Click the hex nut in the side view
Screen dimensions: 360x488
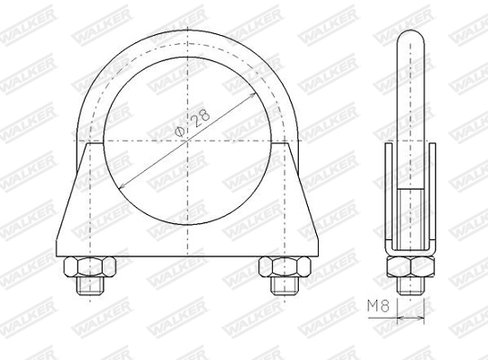pyautogui.click(x=410, y=267)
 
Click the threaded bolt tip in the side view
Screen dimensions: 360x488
pyautogui.click(x=410, y=285)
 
